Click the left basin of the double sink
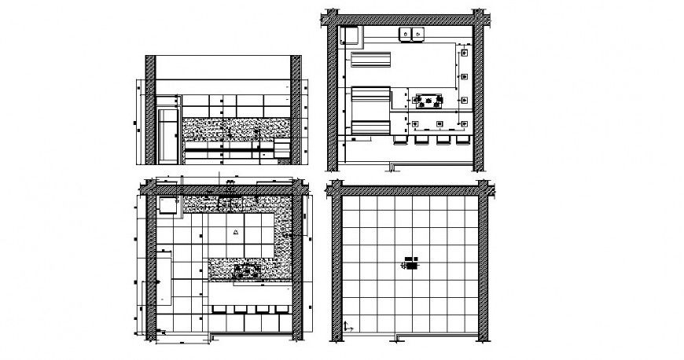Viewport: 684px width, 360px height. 406,33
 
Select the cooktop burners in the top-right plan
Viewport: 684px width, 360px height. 428,100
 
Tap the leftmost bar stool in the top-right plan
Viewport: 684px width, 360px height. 399,140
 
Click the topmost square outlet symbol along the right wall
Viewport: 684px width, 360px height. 465,52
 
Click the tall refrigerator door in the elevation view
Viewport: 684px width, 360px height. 167,134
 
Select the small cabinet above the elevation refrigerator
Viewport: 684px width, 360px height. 167,101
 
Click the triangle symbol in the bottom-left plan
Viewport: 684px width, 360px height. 235,233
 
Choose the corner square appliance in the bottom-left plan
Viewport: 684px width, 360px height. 167,204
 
